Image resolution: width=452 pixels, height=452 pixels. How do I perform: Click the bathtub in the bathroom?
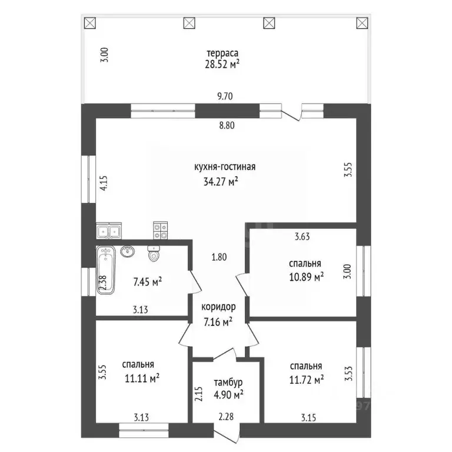[x=106, y=270]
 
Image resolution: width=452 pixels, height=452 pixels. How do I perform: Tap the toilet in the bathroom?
[x=154, y=254]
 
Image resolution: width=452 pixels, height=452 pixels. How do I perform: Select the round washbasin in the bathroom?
[x=127, y=251]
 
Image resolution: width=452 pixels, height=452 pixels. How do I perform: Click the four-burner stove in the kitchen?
[x=161, y=230]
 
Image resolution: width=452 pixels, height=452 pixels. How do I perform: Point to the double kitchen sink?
[x=109, y=231]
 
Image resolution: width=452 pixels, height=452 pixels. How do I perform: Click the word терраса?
[x=222, y=54]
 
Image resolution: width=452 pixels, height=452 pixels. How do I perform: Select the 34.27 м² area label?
[x=221, y=181]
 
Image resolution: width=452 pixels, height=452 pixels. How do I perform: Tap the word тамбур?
[x=228, y=382]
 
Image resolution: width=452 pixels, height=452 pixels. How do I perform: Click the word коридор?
[x=218, y=307]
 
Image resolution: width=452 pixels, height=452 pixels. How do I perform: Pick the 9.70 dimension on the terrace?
[x=225, y=96]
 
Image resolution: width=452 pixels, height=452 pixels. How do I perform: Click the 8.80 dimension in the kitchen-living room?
[x=227, y=125]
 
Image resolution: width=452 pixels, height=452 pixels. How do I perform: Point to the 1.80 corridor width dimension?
[x=219, y=257]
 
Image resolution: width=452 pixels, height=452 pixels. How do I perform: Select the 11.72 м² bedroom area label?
[x=307, y=380]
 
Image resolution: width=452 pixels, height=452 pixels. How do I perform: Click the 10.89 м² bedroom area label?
[x=306, y=277]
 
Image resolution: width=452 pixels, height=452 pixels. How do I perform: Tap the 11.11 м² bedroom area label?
[x=142, y=378]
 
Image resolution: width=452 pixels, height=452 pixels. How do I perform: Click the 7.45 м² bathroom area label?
[x=147, y=282]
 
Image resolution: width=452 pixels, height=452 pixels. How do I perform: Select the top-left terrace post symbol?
[x=90, y=23]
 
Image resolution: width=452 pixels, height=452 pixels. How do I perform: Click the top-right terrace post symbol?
[x=362, y=23]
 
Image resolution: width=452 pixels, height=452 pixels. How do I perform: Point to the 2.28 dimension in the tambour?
[x=226, y=416]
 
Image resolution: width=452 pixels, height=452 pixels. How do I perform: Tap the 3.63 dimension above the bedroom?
[x=302, y=237]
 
